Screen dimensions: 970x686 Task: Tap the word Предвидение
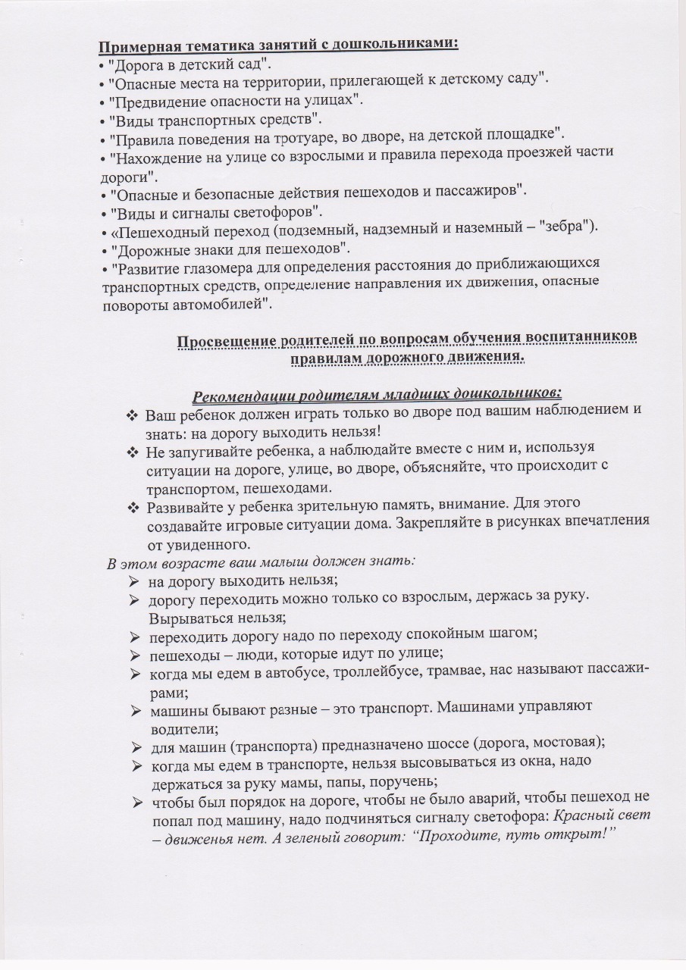point(154,100)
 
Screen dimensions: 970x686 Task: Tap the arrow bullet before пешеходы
point(134,653)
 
